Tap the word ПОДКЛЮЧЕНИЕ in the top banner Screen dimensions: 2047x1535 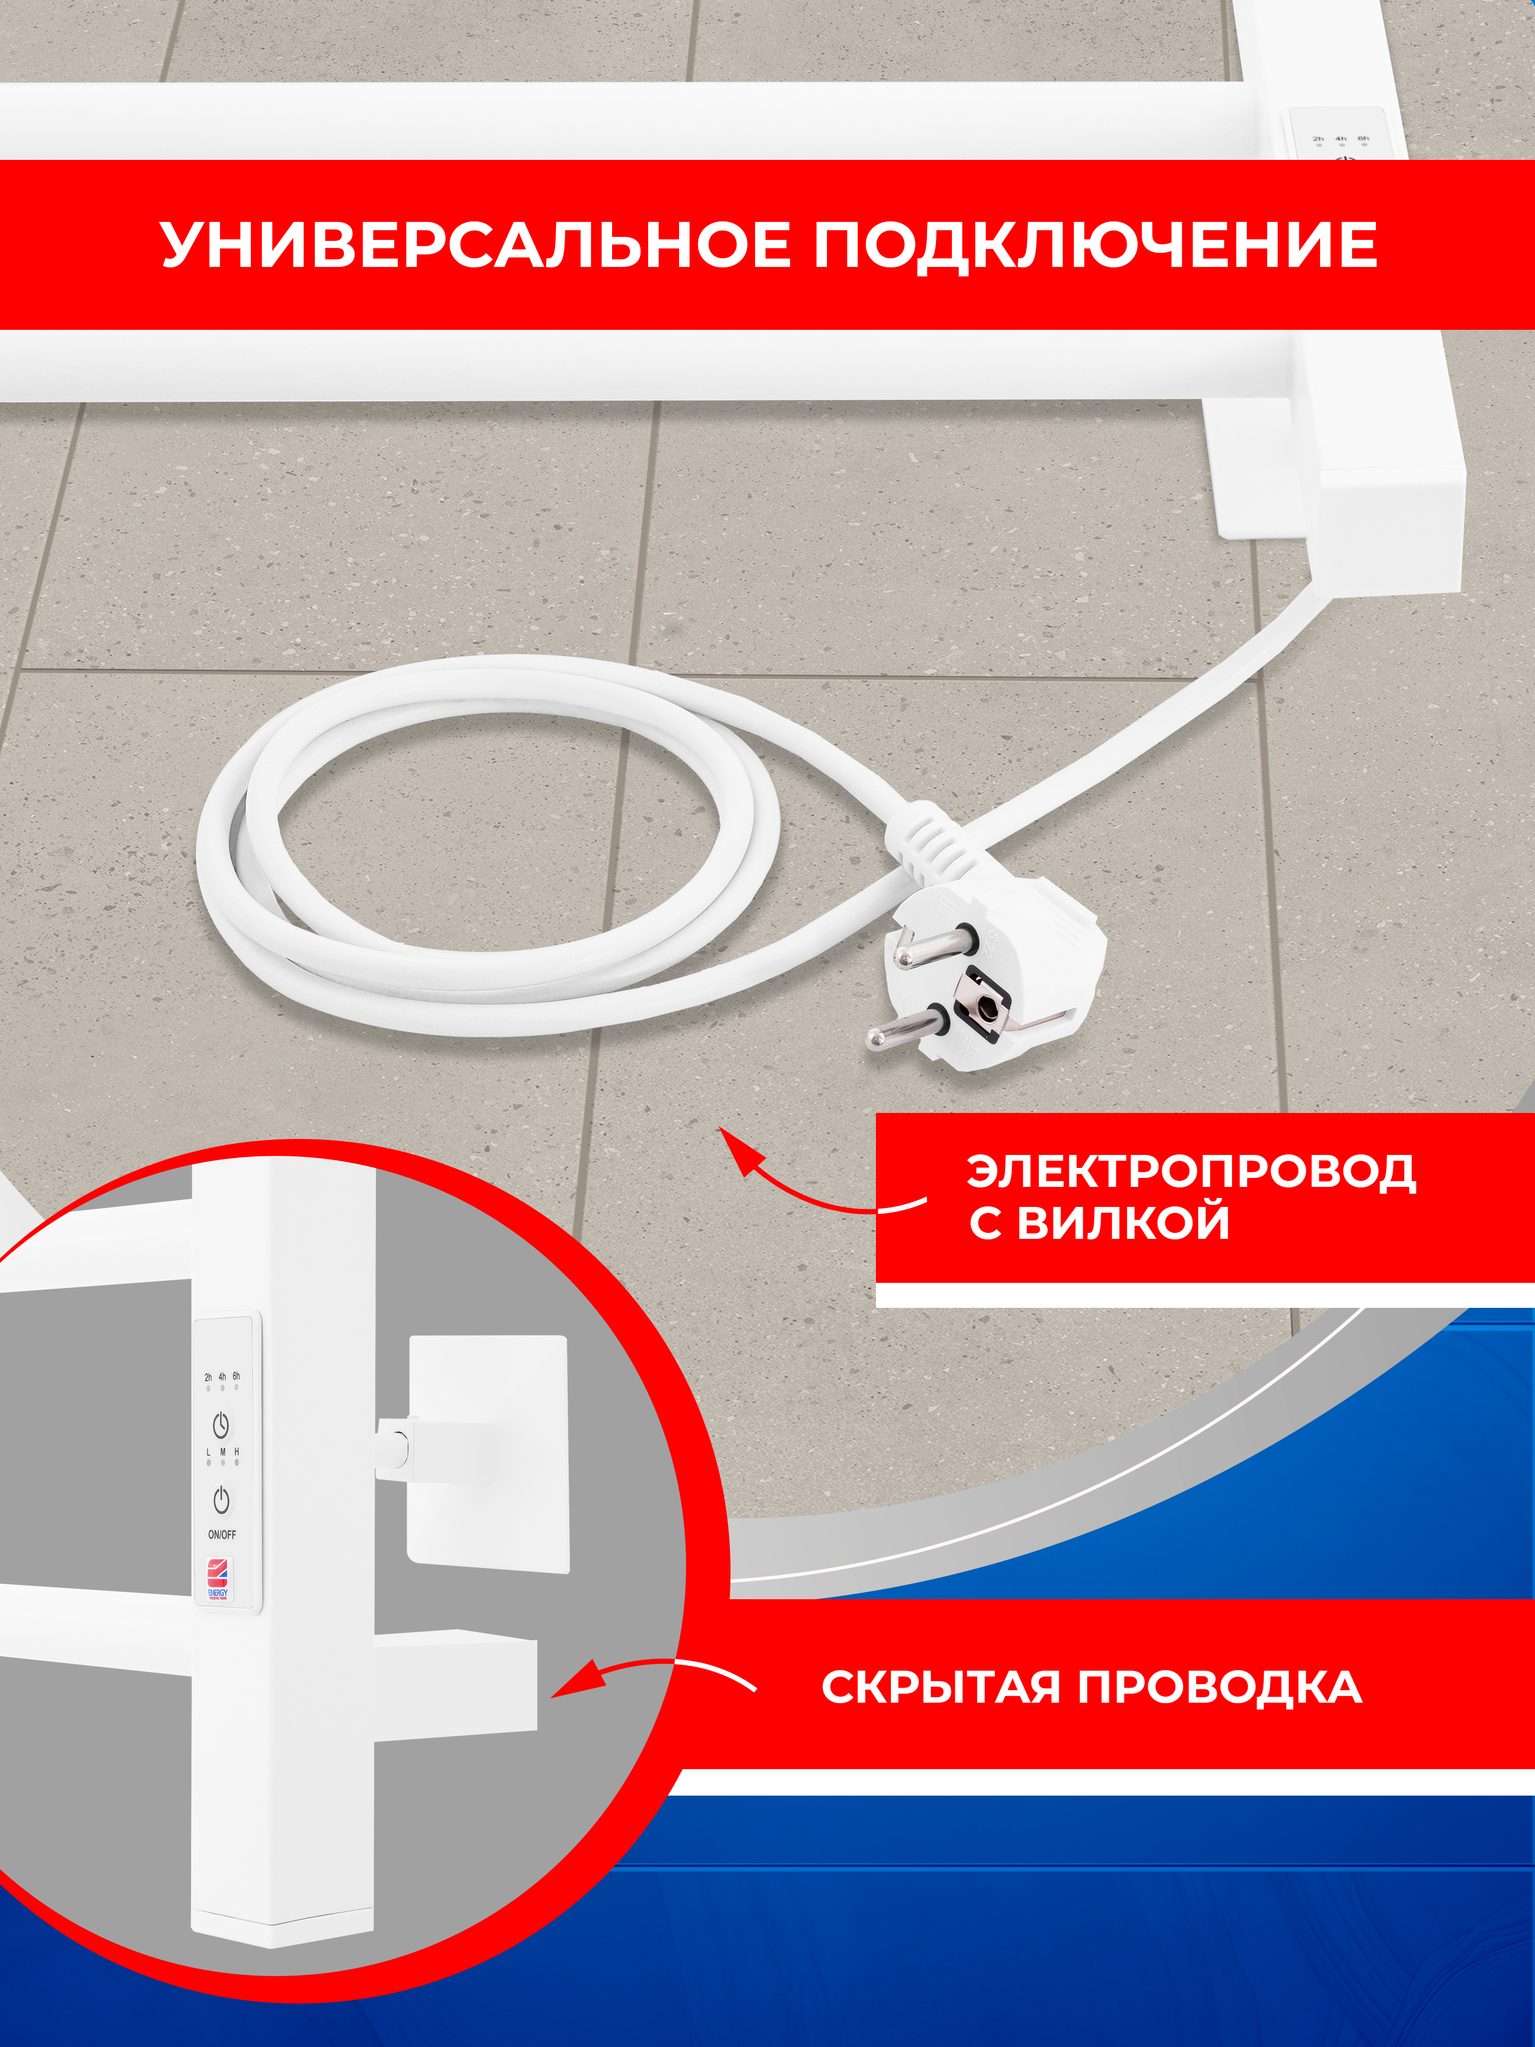point(1095,245)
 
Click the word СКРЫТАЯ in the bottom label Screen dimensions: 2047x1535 point(940,1687)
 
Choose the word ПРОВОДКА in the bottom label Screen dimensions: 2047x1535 point(1220,1687)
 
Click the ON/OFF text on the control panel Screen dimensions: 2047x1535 point(222,1534)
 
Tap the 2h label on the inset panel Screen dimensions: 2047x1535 point(208,1377)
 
